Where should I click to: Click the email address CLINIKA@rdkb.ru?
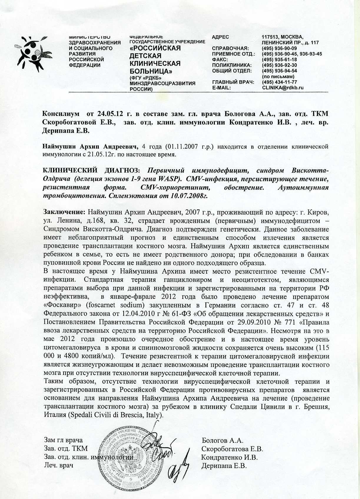(x=283, y=87)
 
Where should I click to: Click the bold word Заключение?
(x=64, y=212)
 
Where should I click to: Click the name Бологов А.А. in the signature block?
(x=222, y=440)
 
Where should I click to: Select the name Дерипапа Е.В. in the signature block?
(x=224, y=466)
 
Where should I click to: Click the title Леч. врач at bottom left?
(x=58, y=466)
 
